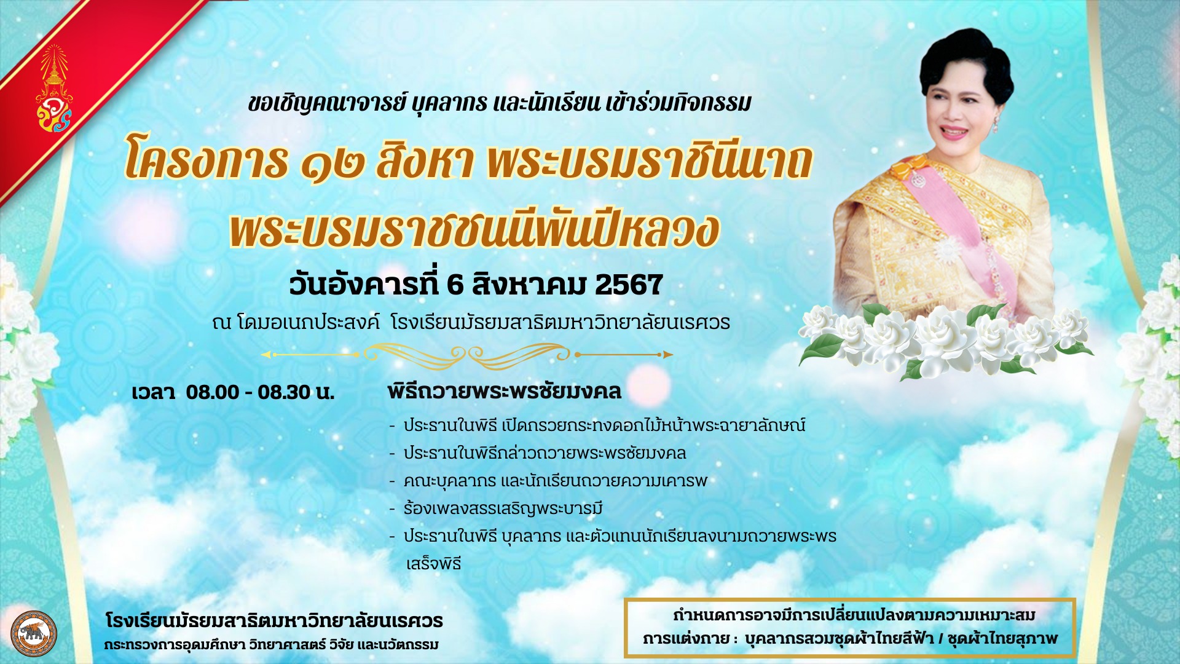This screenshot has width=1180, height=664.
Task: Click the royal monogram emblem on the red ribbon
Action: (54, 89)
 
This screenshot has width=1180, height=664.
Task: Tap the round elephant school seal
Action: (34, 634)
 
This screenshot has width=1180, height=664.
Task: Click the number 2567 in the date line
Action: (629, 285)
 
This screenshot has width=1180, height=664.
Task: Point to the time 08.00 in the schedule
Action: (213, 392)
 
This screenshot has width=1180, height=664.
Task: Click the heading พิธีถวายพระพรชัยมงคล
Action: (504, 391)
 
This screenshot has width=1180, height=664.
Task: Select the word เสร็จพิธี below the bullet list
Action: (433, 563)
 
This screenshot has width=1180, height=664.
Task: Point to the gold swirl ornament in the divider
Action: (467, 355)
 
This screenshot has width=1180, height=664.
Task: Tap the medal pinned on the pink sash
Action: (918, 180)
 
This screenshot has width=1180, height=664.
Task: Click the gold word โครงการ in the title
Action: (206, 161)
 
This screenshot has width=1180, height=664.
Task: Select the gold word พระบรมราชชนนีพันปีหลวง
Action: (474, 230)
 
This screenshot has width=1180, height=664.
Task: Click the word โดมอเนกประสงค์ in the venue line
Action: (308, 322)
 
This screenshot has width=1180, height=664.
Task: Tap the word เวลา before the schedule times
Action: (153, 392)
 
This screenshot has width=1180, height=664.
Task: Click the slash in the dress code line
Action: (940, 639)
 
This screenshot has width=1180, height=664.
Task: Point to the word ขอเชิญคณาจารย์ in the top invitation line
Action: (328, 103)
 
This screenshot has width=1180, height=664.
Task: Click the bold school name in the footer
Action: (274, 620)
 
